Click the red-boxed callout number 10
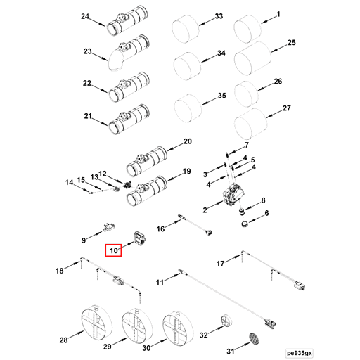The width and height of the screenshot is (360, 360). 113,249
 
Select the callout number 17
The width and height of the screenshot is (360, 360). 220,264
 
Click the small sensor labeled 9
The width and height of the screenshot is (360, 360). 108,226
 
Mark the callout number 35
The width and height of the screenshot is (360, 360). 221,96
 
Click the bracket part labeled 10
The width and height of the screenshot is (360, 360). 139,237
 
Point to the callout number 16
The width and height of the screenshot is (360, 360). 160,229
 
